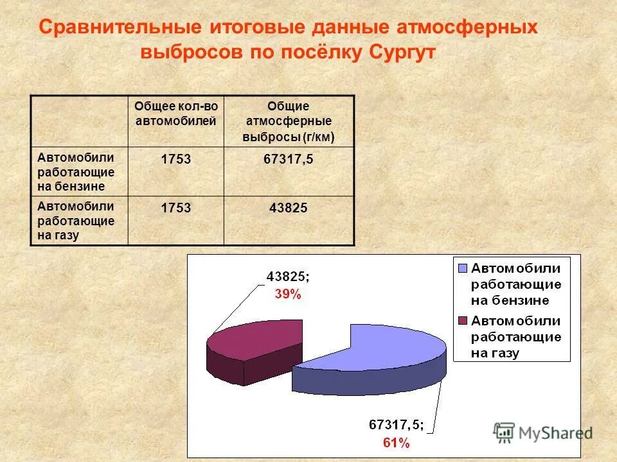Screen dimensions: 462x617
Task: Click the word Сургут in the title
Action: (x=402, y=53)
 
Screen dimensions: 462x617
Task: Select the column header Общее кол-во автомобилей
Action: (x=175, y=114)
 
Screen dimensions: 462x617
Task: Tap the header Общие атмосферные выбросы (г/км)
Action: (x=289, y=121)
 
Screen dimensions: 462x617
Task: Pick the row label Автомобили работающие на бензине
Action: (x=76, y=171)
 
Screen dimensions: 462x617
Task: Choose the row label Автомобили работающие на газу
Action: (x=76, y=220)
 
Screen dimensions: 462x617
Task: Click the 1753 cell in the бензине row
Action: (x=175, y=159)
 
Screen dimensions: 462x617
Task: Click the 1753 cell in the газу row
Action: (x=175, y=208)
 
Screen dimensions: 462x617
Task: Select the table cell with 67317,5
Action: (x=289, y=159)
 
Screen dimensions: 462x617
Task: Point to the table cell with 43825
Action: (x=289, y=208)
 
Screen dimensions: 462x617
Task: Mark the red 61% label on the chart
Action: (x=396, y=442)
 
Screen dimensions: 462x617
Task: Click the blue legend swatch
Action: (x=463, y=267)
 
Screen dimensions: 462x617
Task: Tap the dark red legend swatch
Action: (x=463, y=320)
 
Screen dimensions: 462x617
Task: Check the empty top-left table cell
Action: (x=79, y=121)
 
